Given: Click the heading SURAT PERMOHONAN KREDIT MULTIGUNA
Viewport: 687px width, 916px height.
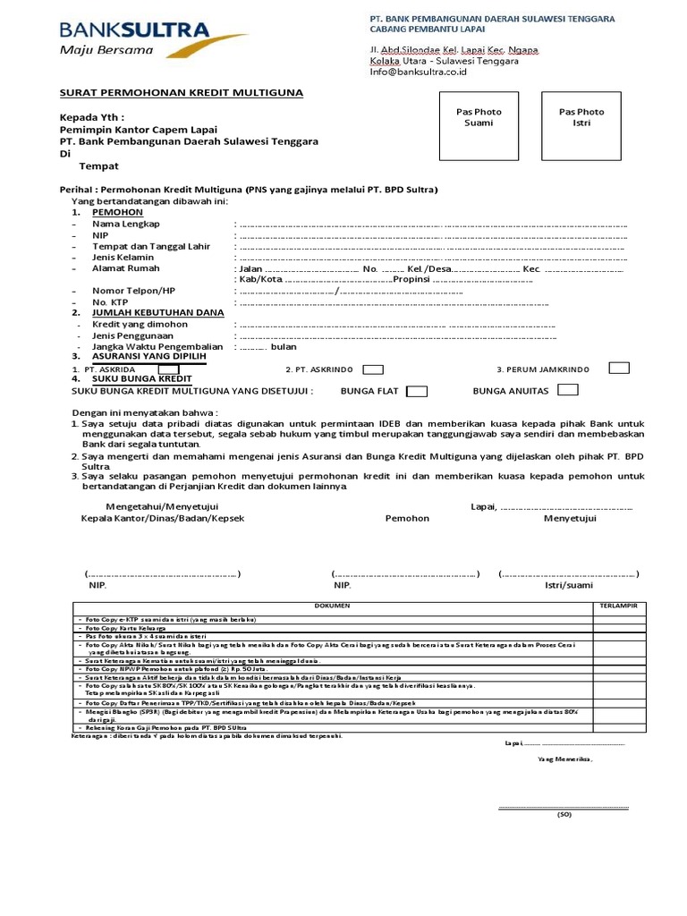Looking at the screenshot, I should pos(181,93).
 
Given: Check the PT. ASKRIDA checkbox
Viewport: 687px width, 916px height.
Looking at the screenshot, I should pos(168,369).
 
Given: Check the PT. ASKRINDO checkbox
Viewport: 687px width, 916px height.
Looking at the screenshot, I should pos(374,369).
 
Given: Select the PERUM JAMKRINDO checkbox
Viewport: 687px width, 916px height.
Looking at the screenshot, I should pos(618,368).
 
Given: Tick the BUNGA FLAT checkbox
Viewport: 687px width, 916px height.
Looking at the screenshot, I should pos(417,391).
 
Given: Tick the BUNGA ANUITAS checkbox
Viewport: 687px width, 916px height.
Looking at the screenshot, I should pos(567,390).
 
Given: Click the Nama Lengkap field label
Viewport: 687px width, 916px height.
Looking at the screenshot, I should pos(127,224).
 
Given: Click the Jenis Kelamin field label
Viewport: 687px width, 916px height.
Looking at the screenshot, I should pos(123,258).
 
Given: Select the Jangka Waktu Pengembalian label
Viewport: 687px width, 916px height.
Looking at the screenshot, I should pos(157,346).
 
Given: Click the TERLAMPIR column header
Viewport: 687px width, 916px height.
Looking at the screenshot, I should pos(618,606).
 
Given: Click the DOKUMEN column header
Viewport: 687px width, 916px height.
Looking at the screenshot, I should pos(332,606).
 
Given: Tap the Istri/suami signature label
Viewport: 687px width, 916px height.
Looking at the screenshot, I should pos(568,585).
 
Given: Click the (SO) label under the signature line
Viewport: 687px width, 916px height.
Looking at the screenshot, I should pos(564,814).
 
